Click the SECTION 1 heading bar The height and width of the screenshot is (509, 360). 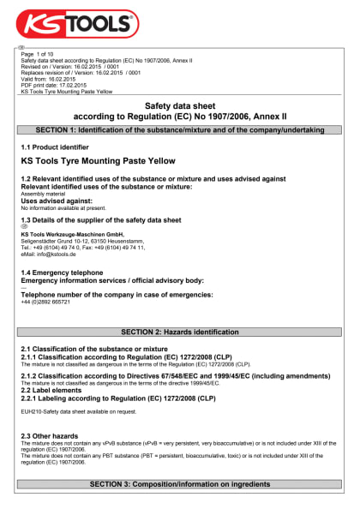[179, 129]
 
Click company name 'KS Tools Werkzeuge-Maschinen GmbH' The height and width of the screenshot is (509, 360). [72, 234]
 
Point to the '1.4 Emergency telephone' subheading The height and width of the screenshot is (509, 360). [64, 272]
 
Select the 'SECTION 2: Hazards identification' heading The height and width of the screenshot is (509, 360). [179, 332]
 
